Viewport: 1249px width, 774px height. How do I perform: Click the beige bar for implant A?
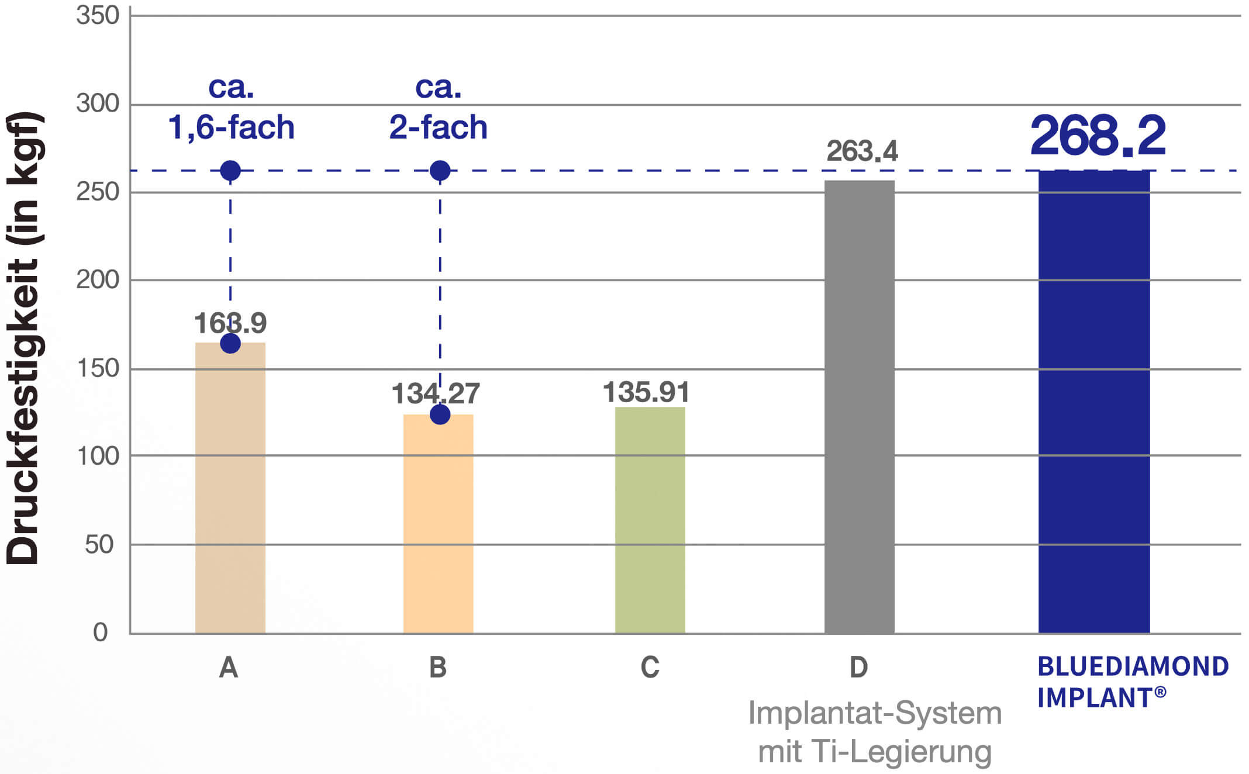point(230,491)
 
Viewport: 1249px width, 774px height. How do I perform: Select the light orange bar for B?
point(438,526)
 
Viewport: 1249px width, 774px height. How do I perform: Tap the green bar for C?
point(650,520)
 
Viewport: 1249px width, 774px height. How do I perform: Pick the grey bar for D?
point(859,409)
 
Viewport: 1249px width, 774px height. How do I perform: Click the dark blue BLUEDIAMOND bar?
point(1093,403)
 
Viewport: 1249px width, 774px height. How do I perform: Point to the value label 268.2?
point(1098,136)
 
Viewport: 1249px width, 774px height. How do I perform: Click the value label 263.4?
point(862,151)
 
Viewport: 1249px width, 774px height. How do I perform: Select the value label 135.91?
point(646,392)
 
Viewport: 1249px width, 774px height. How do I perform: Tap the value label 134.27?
point(436,393)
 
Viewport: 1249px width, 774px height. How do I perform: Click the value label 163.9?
point(230,323)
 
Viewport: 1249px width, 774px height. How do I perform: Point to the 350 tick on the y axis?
point(98,16)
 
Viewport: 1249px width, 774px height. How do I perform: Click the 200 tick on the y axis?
point(98,280)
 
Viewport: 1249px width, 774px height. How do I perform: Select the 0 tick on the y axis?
point(101,633)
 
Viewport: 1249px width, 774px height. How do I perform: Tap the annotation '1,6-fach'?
point(231,127)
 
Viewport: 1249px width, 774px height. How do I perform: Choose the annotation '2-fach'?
point(439,127)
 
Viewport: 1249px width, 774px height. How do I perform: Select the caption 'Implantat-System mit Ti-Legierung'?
point(875,732)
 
